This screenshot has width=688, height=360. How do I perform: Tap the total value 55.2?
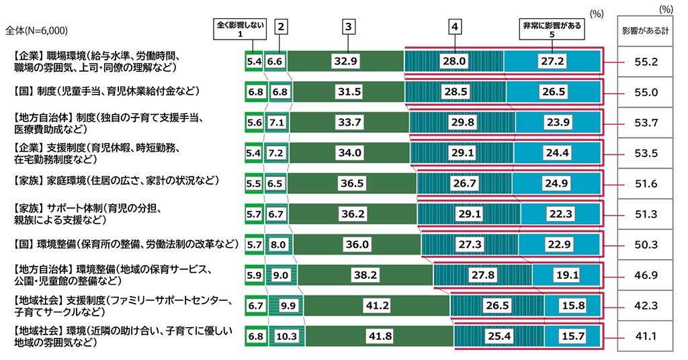(x=646, y=60)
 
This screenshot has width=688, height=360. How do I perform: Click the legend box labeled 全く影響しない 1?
(x=239, y=30)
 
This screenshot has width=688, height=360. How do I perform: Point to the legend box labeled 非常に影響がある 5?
(x=552, y=30)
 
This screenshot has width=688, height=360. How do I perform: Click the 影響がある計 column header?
(x=646, y=30)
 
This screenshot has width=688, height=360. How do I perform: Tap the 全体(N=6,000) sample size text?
(x=36, y=30)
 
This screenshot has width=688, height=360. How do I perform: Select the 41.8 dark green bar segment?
(x=379, y=335)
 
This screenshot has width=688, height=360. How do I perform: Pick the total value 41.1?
(x=646, y=335)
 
